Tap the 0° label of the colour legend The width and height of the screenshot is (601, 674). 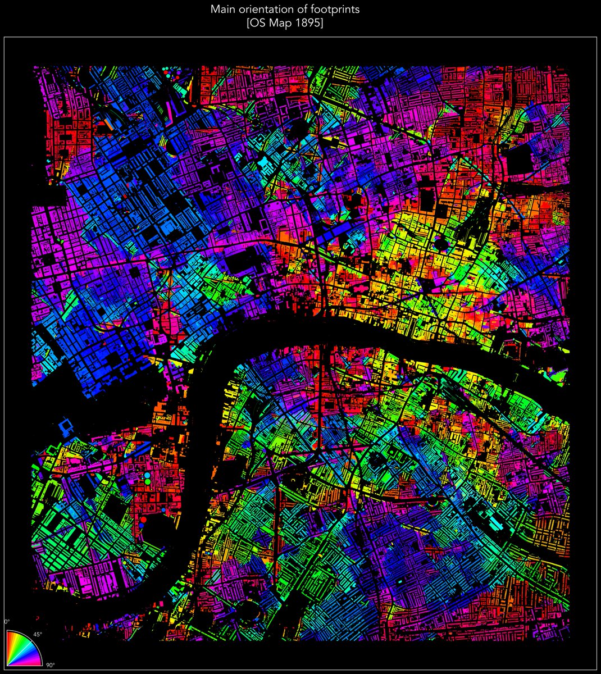pos(7,622)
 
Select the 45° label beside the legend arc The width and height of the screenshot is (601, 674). pos(38,635)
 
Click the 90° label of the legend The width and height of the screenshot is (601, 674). pos(50,665)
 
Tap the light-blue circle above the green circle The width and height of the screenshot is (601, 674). pos(147,475)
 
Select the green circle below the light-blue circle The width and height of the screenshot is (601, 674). pos(148,482)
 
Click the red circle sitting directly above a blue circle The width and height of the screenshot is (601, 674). pos(143,520)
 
